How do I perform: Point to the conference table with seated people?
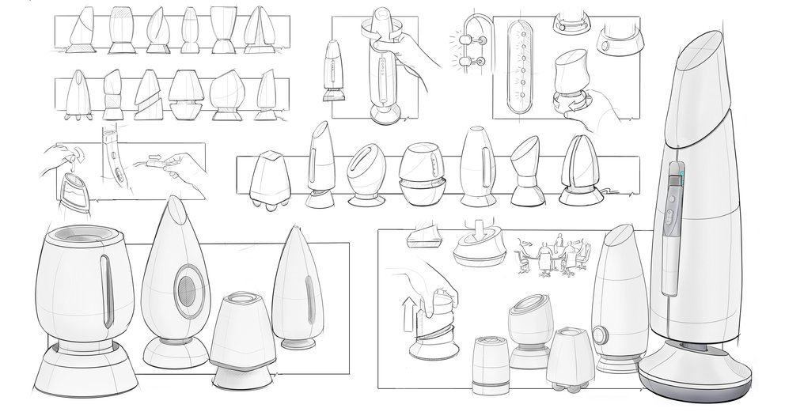[552, 256]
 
